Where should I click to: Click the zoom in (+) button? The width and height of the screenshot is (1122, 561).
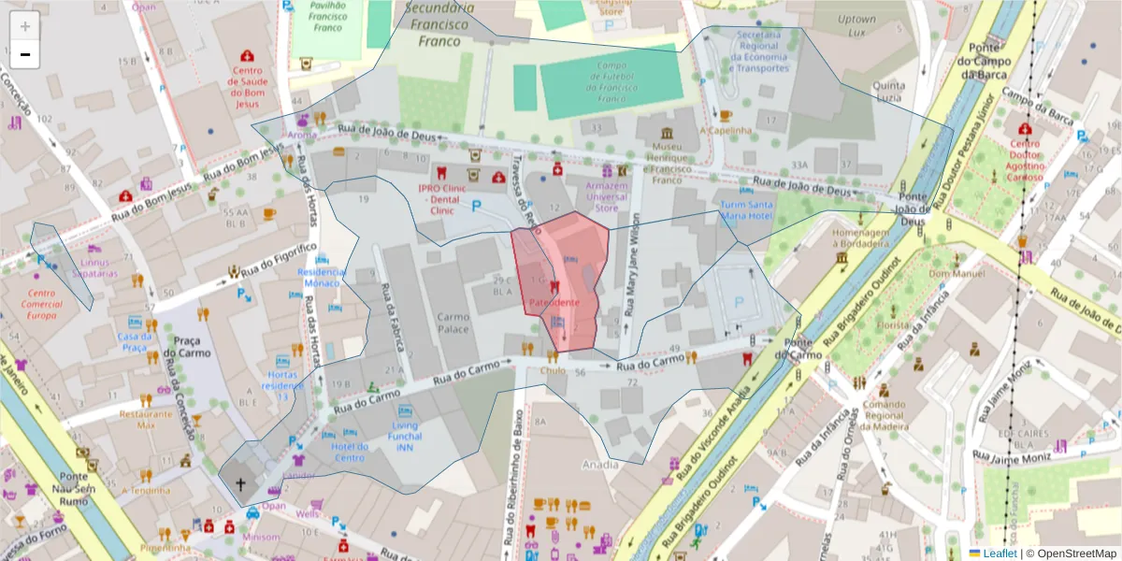tap(25, 26)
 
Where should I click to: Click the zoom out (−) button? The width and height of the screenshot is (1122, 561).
tap(25, 54)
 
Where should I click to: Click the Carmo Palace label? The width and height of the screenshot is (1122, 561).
tap(453, 324)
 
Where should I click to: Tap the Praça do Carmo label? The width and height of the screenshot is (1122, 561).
tap(183, 347)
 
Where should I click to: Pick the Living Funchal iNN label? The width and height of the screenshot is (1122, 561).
tap(404, 437)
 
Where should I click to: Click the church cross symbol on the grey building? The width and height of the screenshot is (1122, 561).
tap(240, 483)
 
